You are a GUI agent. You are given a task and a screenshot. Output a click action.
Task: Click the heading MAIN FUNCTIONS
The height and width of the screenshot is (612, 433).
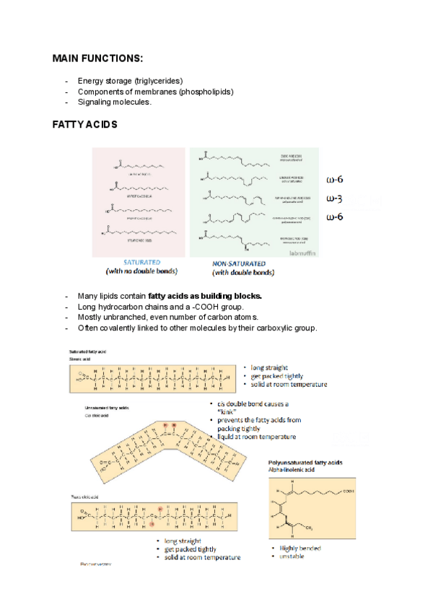point(97,57)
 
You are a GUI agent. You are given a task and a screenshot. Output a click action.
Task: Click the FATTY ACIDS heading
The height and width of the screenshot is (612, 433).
point(84,125)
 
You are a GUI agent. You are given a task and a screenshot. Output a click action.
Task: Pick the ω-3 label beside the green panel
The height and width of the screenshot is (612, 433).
point(334,198)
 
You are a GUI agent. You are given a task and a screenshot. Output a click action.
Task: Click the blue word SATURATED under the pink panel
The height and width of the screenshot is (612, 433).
point(142,263)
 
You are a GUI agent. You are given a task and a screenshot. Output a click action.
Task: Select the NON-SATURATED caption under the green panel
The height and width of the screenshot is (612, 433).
point(239,263)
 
